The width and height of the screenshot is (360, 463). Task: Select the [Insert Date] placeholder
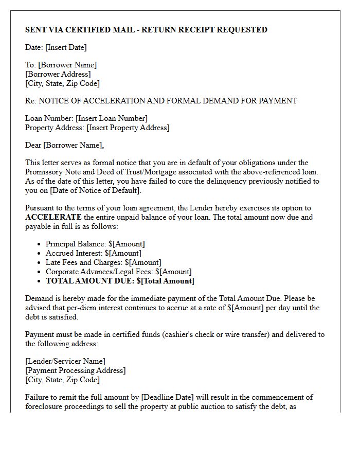point(66,47)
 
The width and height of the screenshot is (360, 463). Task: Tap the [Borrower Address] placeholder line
point(58,74)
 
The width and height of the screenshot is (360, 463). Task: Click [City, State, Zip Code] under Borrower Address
point(62,83)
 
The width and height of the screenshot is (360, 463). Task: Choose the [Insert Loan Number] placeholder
point(112,118)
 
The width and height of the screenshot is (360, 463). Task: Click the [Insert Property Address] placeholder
point(128,128)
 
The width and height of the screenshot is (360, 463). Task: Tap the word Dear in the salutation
point(33,145)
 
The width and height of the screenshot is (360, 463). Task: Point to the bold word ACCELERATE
point(53,217)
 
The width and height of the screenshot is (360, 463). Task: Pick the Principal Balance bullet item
point(95,244)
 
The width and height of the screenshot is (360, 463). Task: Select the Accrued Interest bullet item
point(93,253)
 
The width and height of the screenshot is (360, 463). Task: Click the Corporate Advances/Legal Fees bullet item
point(118,272)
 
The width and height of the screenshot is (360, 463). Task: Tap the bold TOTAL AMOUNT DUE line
point(120,281)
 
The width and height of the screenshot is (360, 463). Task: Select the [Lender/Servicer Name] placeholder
point(65,361)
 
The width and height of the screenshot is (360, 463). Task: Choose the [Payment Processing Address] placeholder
point(75,370)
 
